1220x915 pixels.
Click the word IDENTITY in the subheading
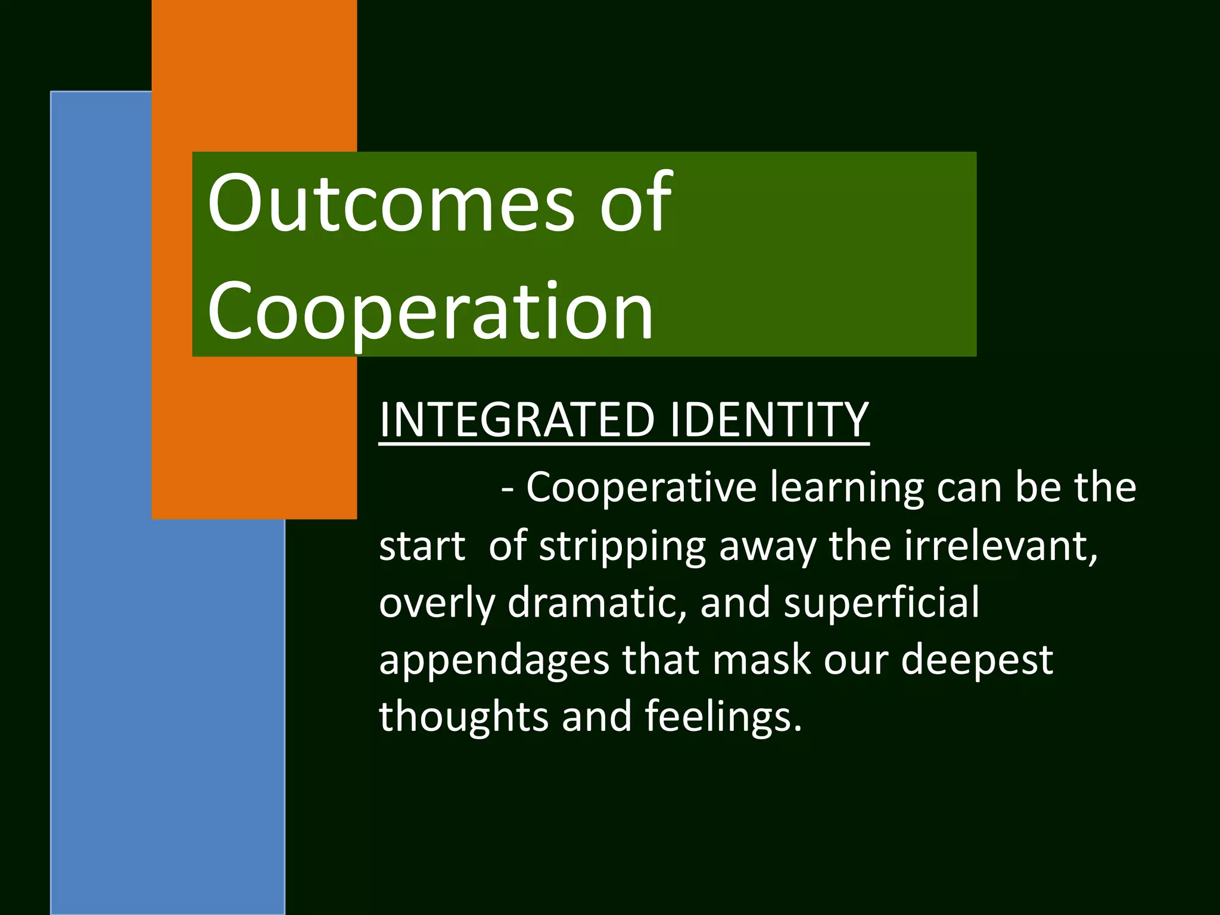[x=768, y=419]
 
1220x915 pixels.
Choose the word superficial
[x=882, y=602]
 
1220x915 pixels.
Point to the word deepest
[x=977, y=660]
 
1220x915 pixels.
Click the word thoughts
[x=463, y=716]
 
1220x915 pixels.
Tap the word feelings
[x=723, y=716]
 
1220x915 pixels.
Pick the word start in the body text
[x=422, y=547]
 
